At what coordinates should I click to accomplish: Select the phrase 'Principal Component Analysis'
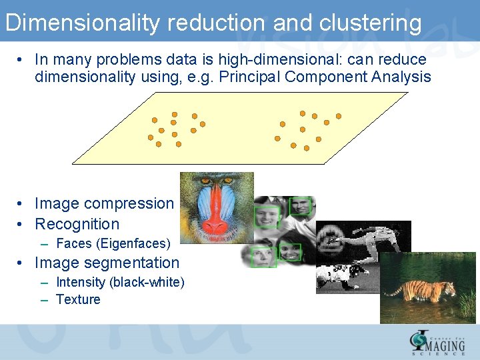[357, 77]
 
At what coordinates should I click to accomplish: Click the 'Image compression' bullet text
[104, 203]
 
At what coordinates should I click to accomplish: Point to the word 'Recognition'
[77, 224]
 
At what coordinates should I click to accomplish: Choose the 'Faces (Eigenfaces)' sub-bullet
[113, 243]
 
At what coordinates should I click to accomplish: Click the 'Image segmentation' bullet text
[107, 263]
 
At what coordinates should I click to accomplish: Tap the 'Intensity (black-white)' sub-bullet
[120, 282]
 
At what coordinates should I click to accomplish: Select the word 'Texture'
[78, 299]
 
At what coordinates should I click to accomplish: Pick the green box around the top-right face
[301, 206]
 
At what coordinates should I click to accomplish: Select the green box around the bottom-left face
[263, 256]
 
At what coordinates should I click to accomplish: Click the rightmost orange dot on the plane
[339, 116]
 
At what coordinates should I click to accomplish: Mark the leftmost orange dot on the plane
[151, 137]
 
